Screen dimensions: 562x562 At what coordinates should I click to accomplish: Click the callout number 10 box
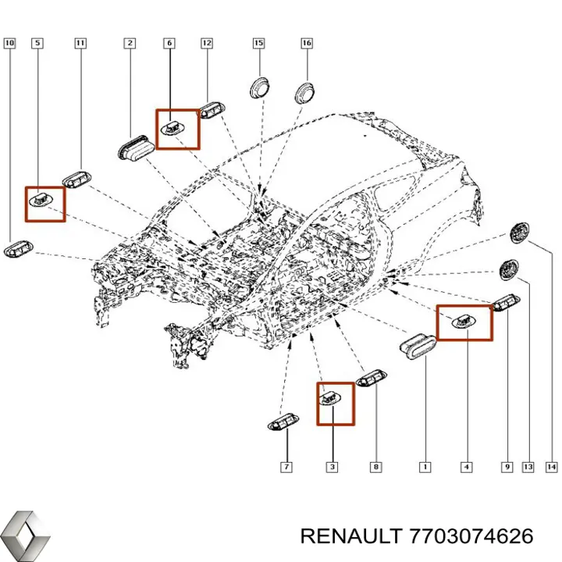[9, 44]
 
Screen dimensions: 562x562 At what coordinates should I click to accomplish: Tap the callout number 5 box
[37, 44]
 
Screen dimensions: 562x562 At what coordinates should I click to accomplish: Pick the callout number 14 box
[551, 467]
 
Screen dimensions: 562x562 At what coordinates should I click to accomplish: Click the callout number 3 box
[332, 467]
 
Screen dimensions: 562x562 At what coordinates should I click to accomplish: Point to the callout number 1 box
[425, 467]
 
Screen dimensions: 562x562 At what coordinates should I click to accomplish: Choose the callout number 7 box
[286, 467]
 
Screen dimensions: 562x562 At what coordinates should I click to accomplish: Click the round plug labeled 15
[260, 87]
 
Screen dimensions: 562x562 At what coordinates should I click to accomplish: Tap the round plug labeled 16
[304, 92]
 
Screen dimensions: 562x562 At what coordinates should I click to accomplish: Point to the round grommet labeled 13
[508, 270]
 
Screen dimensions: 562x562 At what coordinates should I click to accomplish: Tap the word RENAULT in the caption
[350, 536]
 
